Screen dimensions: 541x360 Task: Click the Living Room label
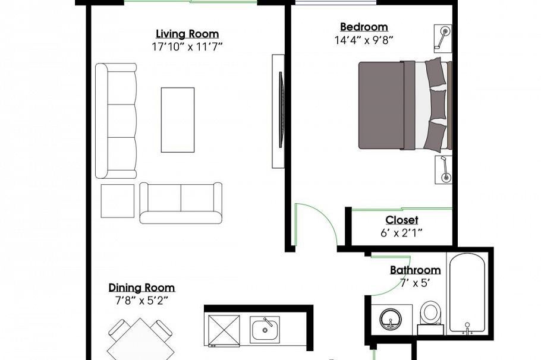click(x=187, y=34)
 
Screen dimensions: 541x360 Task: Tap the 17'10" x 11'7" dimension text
click(x=187, y=46)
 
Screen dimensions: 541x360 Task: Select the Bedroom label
click(x=364, y=27)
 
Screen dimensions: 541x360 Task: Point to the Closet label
click(x=402, y=220)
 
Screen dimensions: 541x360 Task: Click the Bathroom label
click(x=416, y=270)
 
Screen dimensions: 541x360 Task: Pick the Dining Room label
click(x=142, y=288)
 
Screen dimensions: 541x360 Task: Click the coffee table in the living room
click(x=178, y=119)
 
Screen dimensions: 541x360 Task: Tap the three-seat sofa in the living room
click(x=116, y=121)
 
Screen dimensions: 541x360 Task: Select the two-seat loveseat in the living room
click(x=181, y=203)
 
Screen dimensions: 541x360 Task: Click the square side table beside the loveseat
click(x=118, y=201)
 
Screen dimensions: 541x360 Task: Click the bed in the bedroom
click(x=405, y=105)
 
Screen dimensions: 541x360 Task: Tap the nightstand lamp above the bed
click(x=443, y=39)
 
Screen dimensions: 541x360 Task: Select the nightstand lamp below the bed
click(x=444, y=169)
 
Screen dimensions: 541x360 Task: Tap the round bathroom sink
click(x=391, y=320)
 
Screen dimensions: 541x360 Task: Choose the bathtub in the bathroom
click(x=467, y=294)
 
